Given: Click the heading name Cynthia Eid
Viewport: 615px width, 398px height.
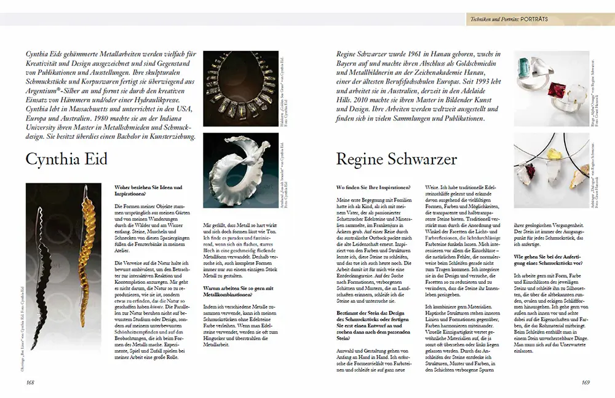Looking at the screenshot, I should [66, 160].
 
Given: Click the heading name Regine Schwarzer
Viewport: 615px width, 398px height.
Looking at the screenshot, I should [397, 160].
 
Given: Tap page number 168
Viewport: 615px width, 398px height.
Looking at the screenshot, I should [30, 382].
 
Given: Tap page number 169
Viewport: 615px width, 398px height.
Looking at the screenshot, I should [585, 382].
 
